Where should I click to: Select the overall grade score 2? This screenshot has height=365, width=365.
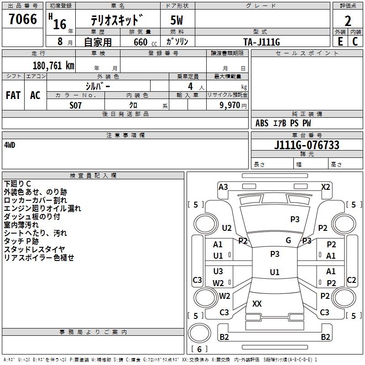point(348,21)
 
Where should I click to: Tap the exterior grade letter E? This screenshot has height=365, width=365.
point(340,42)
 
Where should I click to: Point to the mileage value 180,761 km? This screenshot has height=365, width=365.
point(53,66)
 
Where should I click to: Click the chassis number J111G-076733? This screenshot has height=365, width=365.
point(307,145)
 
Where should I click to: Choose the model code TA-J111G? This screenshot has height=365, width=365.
point(261,42)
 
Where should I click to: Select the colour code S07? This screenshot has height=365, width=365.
point(76,105)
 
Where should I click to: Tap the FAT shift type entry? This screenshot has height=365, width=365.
point(13,95)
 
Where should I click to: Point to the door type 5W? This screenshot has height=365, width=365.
point(177,21)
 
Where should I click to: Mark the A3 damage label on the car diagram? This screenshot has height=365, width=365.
point(223,187)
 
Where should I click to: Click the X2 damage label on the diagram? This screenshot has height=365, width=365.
point(325,187)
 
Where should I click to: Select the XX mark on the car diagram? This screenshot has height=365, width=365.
point(257,303)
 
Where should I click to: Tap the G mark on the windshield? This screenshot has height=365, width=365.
point(288,240)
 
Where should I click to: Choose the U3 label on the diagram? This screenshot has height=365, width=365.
point(218,271)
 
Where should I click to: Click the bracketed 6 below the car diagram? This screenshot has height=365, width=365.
point(199,349)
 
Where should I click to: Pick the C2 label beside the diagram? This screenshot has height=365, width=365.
point(351,280)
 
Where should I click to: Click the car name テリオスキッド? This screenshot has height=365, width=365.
point(118,21)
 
